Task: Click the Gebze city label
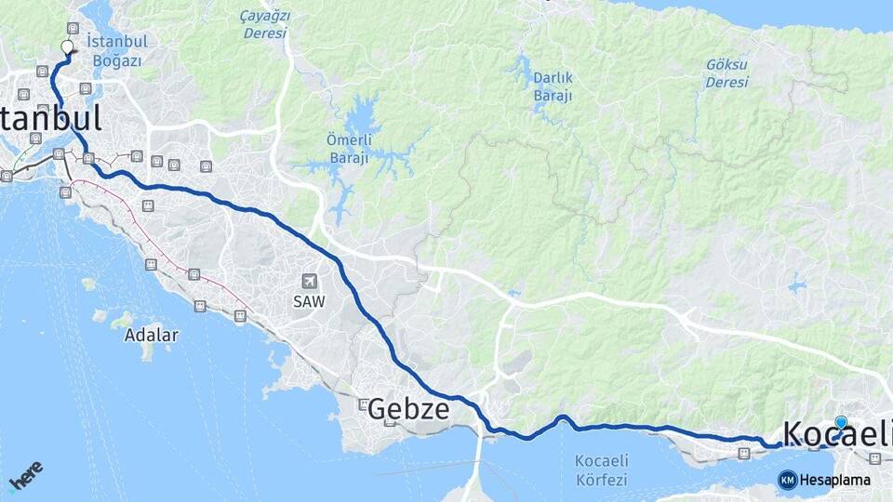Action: (x=408, y=409)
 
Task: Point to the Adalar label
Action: (x=151, y=336)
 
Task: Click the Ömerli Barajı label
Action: (x=350, y=150)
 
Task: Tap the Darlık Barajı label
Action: (x=553, y=86)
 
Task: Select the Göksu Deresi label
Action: (x=726, y=73)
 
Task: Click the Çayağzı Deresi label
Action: (x=265, y=24)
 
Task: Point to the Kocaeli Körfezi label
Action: (x=602, y=470)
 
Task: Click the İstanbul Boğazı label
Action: (x=113, y=51)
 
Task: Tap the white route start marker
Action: (x=67, y=46)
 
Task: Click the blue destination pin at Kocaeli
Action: (x=841, y=424)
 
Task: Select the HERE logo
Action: (x=25, y=475)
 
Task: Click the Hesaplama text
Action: (x=835, y=481)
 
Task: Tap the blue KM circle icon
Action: (x=787, y=480)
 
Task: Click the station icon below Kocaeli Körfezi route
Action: (x=743, y=454)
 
